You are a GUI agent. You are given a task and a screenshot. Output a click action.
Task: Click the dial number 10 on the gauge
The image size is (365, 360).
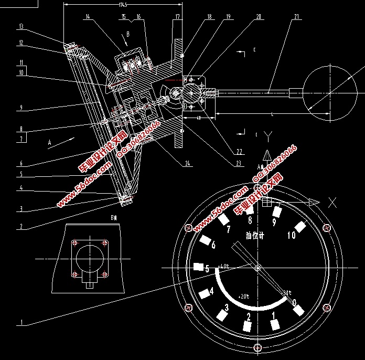pyautogui.click(x=292, y=236)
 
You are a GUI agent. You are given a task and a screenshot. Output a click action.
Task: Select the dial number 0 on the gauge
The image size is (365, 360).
pyautogui.click(x=294, y=302)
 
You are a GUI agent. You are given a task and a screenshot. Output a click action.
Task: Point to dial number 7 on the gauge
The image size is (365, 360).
pyautogui.click(x=228, y=229)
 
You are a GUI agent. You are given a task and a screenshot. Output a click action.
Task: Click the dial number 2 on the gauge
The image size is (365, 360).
pyautogui.click(x=248, y=316)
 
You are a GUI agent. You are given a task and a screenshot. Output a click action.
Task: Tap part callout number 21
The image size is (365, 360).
pyautogui.click(x=297, y=17)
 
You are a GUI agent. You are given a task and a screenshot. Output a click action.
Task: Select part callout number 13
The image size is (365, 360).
pyautogui.click(x=21, y=26)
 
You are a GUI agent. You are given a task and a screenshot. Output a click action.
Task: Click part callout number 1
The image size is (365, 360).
pyautogui.click(x=21, y=322)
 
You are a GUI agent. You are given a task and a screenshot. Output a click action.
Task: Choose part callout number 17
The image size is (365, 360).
pyautogui.click(x=177, y=17)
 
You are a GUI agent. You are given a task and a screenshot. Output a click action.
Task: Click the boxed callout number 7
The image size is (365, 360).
pyautogui.click(x=21, y=139)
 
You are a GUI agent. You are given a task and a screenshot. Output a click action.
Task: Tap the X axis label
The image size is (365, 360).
pyautogui.click(x=332, y=203)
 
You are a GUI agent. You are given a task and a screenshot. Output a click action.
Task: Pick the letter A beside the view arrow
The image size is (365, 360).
pyautogui.click(x=50, y=142)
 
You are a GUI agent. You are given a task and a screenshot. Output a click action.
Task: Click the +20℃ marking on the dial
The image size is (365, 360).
pyautogui.click(x=244, y=295)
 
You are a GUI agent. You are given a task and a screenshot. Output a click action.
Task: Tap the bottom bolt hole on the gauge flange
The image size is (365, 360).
pyautogui.click(x=256, y=347)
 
